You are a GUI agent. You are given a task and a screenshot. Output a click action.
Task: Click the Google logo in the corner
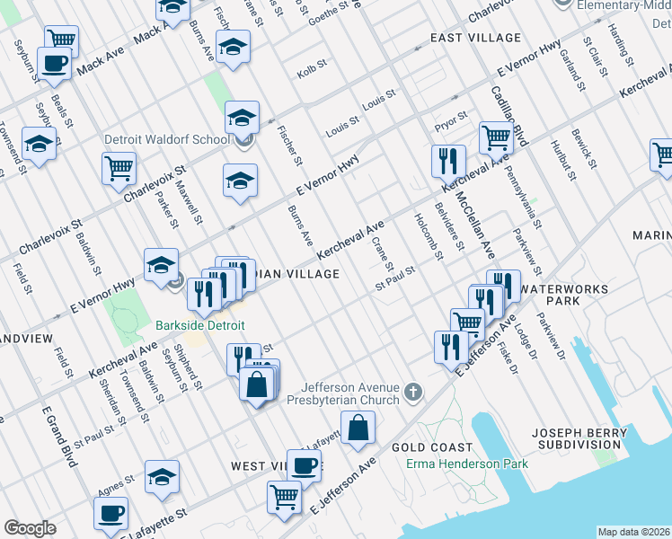(31, 528)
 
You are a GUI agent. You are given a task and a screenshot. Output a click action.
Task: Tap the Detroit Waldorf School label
(178, 140)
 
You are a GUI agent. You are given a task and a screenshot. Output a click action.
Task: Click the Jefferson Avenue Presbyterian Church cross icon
(412, 390)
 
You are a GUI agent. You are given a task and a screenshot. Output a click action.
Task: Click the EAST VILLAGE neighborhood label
(475, 38)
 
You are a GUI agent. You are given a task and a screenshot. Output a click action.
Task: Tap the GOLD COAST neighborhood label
(431, 447)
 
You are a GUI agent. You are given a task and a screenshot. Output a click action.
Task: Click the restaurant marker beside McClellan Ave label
(447, 161)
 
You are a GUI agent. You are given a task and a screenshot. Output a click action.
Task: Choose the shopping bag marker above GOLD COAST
(358, 428)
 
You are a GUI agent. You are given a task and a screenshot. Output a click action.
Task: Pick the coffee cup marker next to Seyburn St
(54, 64)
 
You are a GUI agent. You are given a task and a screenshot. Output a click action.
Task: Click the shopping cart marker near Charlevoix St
(119, 168)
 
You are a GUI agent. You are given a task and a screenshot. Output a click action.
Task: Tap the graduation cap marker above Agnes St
(162, 477)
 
